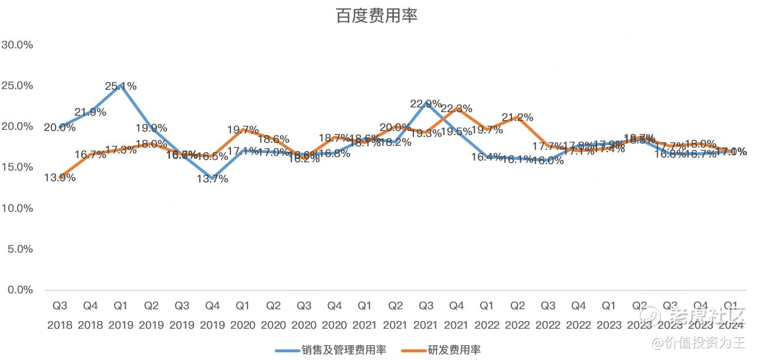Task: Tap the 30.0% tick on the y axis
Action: tap(17, 45)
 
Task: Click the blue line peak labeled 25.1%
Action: tap(120, 86)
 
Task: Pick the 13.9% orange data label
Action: tap(60, 178)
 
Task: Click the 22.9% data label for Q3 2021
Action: tap(426, 104)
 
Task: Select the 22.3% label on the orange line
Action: tap(456, 109)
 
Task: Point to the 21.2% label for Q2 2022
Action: tap(518, 117)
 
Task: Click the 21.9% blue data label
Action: tap(90, 112)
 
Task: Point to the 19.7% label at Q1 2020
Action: tap(243, 130)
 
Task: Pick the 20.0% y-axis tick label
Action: tap(17, 126)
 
